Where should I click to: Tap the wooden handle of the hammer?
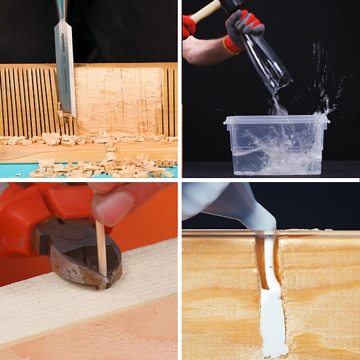tap(204, 10)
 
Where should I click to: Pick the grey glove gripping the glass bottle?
tap(242, 28)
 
